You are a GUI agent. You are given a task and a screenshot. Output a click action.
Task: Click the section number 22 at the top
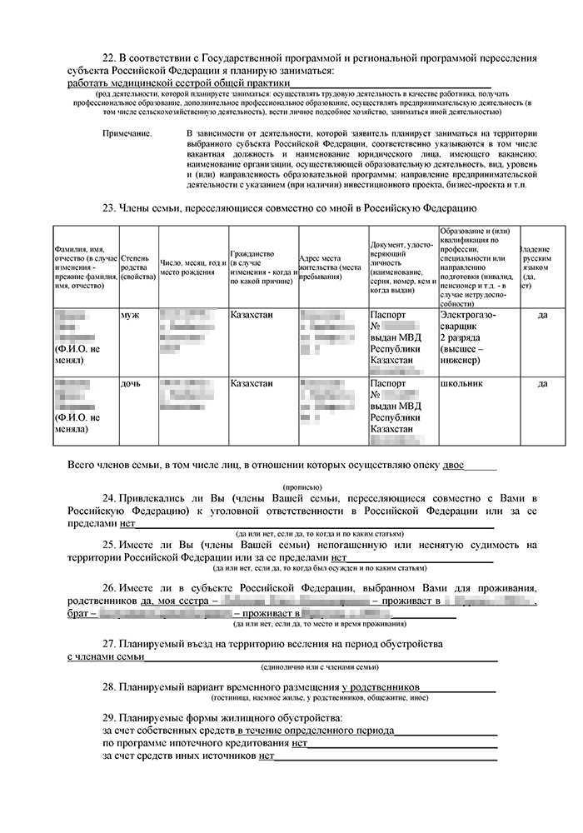pyautogui.click(x=107, y=57)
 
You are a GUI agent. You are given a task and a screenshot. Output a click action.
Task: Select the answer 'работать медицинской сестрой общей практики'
pyautogui.click(x=179, y=83)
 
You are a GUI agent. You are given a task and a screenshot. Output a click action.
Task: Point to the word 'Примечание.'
pyautogui.click(x=127, y=133)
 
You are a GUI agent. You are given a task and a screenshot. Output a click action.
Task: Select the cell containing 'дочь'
pyautogui.click(x=132, y=383)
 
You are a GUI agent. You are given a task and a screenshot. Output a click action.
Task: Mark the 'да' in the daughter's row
pyautogui.click(x=542, y=383)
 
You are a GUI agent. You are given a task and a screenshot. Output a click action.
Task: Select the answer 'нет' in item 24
pyautogui.click(x=127, y=524)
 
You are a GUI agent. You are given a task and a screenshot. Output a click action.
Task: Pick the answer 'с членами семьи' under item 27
pyautogui.click(x=106, y=657)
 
